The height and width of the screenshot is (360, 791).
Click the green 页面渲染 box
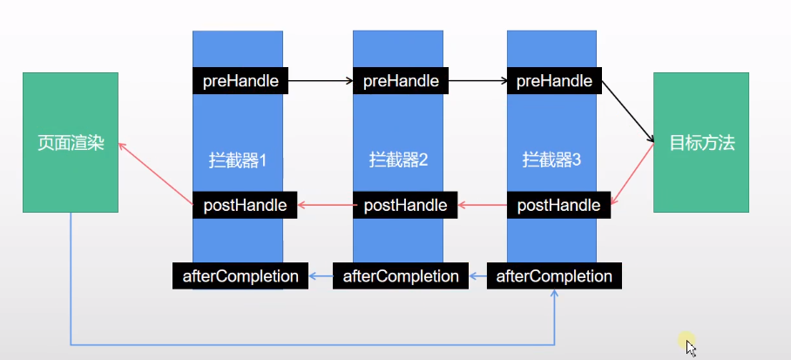70,142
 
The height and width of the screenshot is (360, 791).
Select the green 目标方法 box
701,142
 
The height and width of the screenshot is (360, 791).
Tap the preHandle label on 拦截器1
240,81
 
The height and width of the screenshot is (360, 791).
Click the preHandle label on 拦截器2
401,81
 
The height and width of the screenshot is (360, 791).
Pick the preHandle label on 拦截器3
554,81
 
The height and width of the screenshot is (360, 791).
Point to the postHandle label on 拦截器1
245,205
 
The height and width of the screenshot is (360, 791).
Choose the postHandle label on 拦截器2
405,205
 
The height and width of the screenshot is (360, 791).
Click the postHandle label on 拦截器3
558,205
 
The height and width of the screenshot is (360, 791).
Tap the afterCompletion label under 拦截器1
240,276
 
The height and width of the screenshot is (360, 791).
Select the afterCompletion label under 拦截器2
401,276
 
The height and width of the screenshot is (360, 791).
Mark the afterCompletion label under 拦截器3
554,276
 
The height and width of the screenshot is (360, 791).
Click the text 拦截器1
237,160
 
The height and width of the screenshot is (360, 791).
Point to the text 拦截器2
398,160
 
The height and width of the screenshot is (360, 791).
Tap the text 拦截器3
551,160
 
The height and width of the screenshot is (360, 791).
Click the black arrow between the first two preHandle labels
319,81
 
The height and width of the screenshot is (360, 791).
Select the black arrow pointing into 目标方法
629,112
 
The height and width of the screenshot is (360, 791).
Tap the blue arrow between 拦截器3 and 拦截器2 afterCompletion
477,276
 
